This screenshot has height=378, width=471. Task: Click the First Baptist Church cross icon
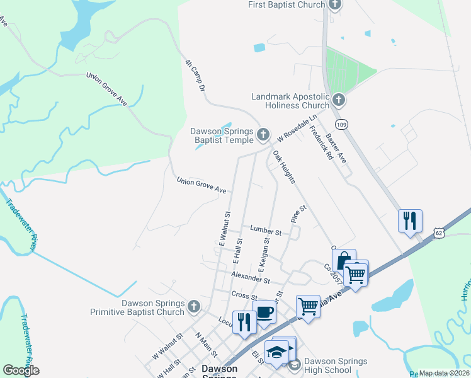(334, 5)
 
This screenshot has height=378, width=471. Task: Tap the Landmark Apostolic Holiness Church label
(290, 101)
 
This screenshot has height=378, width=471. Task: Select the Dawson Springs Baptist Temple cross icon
(263, 135)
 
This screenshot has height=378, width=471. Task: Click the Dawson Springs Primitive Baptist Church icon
(194, 307)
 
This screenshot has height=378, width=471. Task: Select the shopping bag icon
(344, 260)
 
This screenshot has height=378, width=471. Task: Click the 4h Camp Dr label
(196, 76)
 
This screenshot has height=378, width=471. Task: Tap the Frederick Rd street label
(321, 143)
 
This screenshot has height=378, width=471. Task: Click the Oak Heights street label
(283, 167)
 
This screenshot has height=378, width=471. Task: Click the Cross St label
(244, 295)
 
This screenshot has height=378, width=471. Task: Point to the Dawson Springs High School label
(335, 365)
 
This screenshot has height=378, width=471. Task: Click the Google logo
(21, 370)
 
